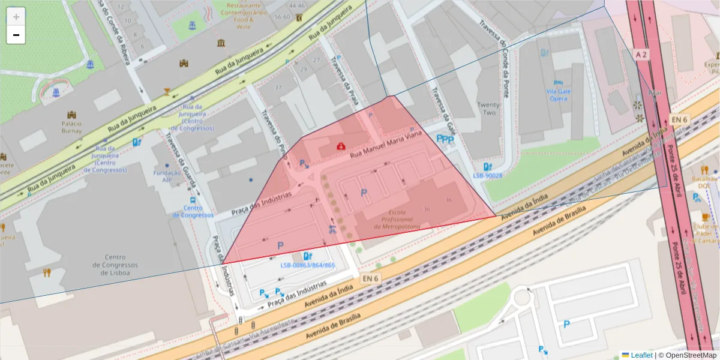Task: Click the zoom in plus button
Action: (16, 17)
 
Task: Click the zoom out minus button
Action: (16, 35)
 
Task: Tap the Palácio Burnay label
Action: (71, 127)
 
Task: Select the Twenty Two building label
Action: (488, 109)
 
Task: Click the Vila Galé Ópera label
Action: (557, 94)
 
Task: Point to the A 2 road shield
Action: (641, 55)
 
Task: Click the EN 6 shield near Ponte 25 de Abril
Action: (679, 119)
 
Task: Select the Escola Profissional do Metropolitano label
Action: (397, 220)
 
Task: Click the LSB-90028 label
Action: (487, 176)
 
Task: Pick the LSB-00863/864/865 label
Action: (307, 265)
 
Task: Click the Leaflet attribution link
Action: (641, 355)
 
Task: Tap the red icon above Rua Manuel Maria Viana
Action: (341, 145)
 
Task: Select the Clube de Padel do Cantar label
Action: (705, 233)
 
